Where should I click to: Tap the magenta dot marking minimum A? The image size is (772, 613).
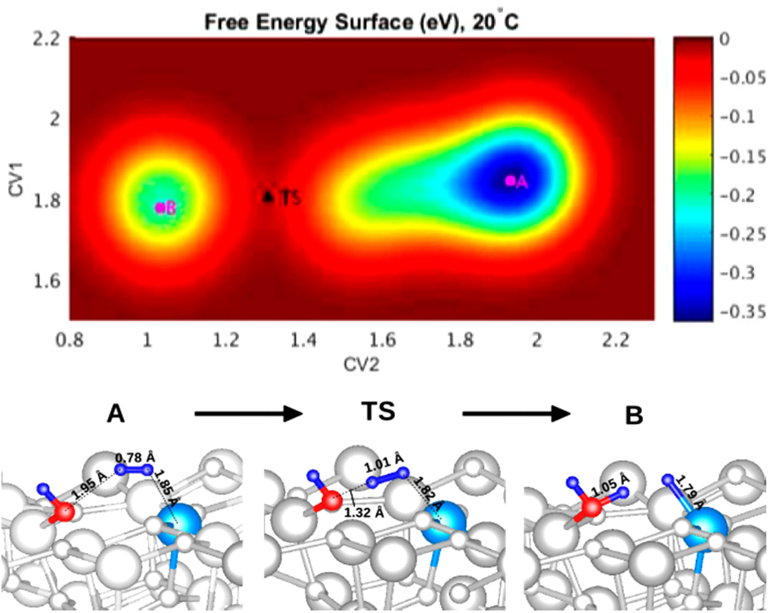(510, 181)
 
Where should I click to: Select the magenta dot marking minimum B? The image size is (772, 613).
(160, 207)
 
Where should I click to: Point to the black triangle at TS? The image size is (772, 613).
(268, 196)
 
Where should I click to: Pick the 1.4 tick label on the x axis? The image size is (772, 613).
(304, 340)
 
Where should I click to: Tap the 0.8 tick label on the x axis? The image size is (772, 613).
(69, 340)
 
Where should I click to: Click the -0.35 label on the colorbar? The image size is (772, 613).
(743, 311)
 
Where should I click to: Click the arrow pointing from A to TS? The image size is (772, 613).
(248, 414)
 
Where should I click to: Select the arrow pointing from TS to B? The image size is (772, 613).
(516, 414)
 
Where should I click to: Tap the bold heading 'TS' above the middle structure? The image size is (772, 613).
(378, 412)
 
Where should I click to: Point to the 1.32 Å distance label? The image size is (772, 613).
(364, 512)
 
